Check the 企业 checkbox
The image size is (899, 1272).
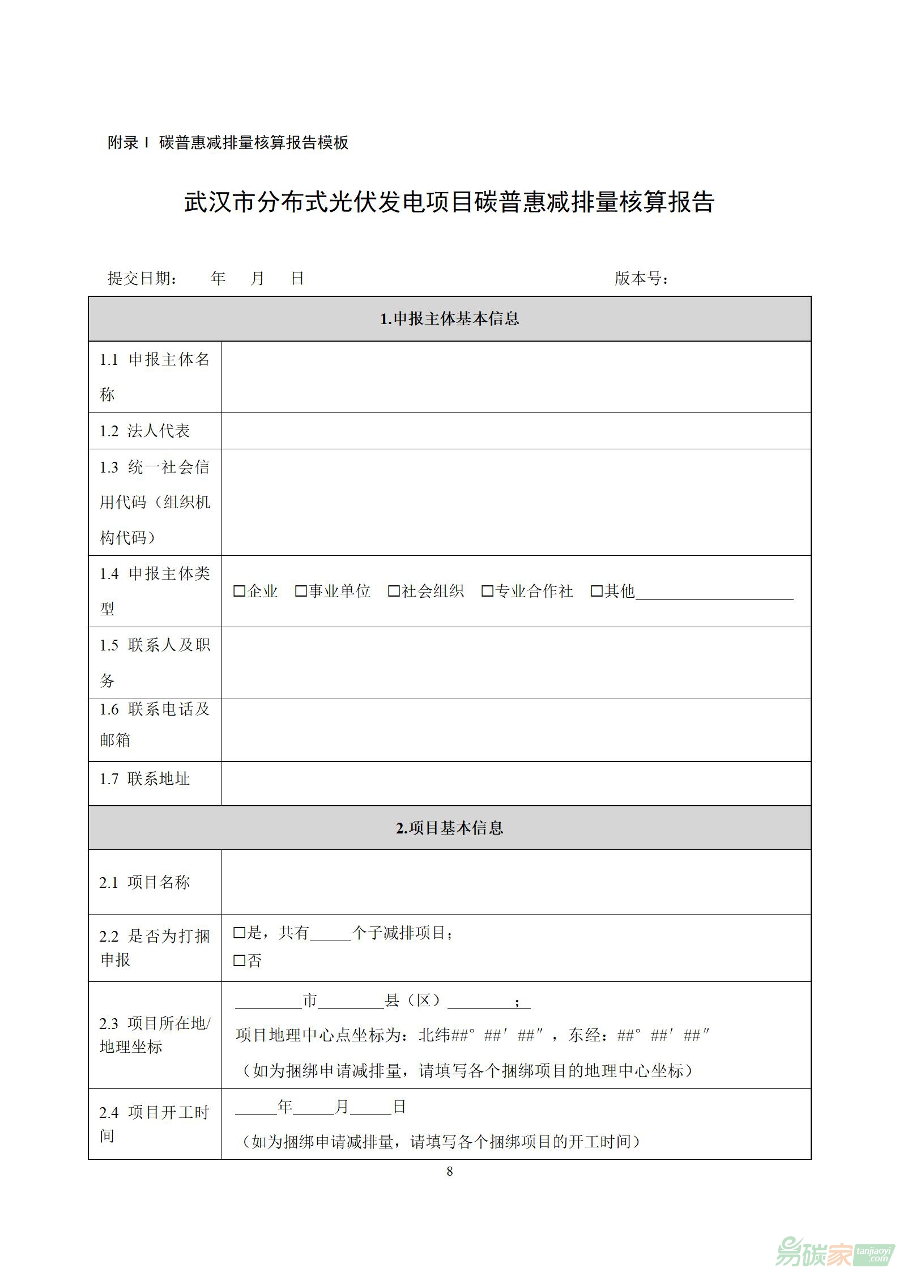[239, 592]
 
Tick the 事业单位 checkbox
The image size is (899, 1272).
[301, 592]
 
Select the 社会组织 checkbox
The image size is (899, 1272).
[394, 592]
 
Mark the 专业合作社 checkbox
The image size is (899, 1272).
[487, 592]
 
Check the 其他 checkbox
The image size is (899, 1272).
[597, 592]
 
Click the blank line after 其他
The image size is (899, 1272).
[714, 594]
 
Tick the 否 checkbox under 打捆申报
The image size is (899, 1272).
[239, 960]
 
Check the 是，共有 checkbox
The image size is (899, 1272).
[239, 933]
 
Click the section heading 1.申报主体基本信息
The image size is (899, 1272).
[449, 319]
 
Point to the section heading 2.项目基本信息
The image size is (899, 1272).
[449, 828]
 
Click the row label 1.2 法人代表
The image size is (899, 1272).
[144, 431]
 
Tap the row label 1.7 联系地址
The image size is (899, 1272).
[144, 779]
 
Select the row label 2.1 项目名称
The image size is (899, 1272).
[144, 882]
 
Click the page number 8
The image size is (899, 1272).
[450, 1172]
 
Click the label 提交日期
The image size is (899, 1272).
[142, 279]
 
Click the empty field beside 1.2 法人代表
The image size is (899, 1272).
[515, 431]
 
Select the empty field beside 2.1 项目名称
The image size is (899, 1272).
[515, 882]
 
